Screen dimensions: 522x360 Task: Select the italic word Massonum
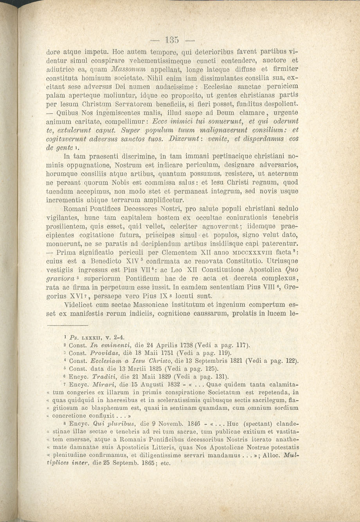[x=112, y=69]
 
